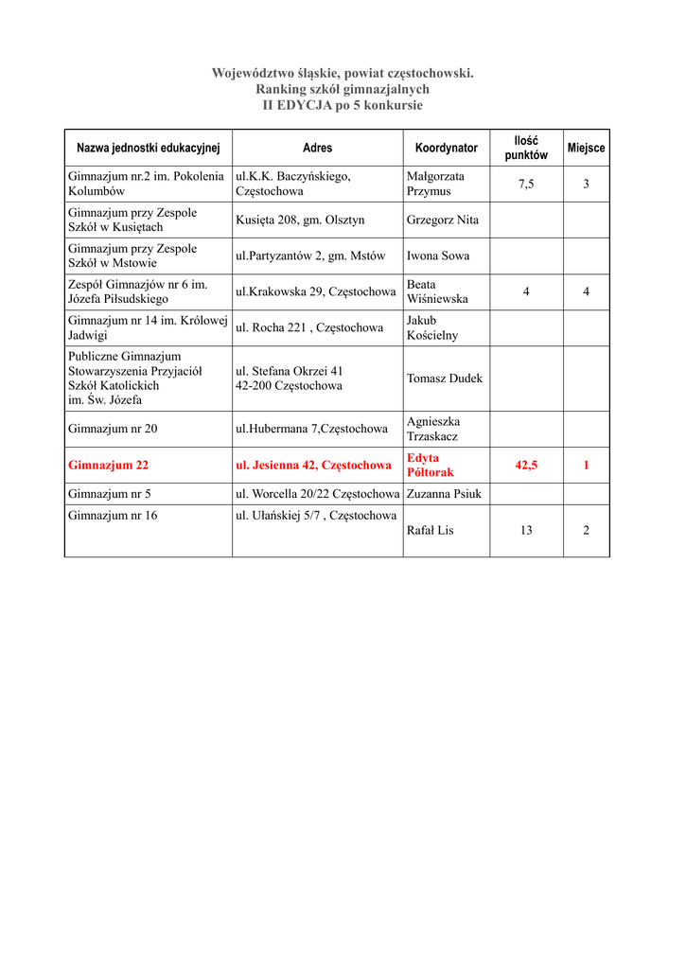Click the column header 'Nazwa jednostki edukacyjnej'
coord(148,148)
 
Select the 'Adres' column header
coord(317,148)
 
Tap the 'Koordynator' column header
coord(446,148)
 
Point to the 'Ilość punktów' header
coord(525,148)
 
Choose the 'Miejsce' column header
coord(586,148)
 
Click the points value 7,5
coord(525,185)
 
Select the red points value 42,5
coord(526,466)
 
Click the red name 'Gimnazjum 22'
coord(108,466)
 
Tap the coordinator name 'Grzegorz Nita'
coord(443,220)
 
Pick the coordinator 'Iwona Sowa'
coord(438,256)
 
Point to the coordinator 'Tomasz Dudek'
coord(445,379)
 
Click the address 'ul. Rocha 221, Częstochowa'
coord(309,327)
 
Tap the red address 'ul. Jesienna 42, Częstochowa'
coord(313,466)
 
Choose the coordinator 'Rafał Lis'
coord(431,531)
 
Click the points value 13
coord(526,531)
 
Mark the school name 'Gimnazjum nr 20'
coord(113,429)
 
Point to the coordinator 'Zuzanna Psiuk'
coord(444,494)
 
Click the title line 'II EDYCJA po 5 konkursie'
coord(343,105)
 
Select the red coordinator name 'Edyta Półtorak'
coord(431,465)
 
